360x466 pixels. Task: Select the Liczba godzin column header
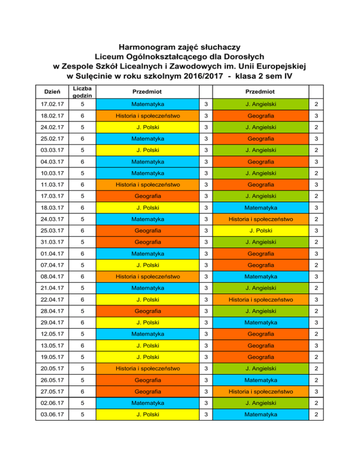point(82,92)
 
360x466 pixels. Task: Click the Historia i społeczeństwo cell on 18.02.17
point(148,115)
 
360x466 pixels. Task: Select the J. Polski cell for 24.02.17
point(148,127)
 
